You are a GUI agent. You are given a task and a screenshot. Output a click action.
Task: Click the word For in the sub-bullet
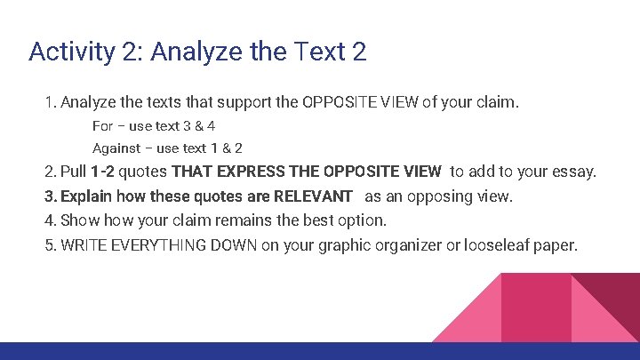tap(102, 126)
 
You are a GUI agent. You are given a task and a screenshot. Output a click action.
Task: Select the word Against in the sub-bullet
tap(116, 148)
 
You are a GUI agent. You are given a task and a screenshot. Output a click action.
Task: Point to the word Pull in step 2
tap(73, 172)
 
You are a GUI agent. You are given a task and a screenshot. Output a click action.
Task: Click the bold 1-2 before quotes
tap(102, 172)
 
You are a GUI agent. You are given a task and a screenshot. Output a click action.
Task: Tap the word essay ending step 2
tap(576, 172)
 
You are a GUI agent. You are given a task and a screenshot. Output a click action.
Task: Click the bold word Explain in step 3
tap(88, 196)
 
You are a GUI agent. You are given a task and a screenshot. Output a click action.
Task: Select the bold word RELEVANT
tap(313, 196)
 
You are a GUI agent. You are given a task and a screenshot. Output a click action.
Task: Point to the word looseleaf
tap(494, 244)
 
